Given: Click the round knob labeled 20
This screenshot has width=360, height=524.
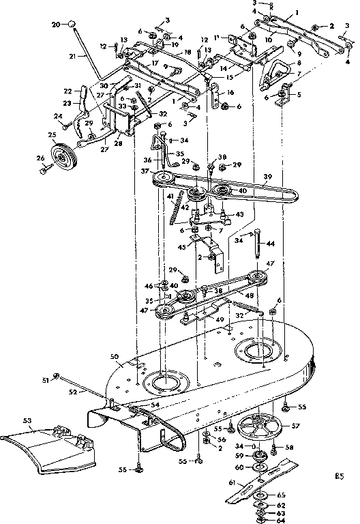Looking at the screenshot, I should pyautogui.click(x=70, y=25).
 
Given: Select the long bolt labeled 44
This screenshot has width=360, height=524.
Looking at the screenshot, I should pyautogui.click(x=258, y=244).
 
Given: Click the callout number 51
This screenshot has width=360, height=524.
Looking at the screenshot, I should pyautogui.click(x=46, y=379).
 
